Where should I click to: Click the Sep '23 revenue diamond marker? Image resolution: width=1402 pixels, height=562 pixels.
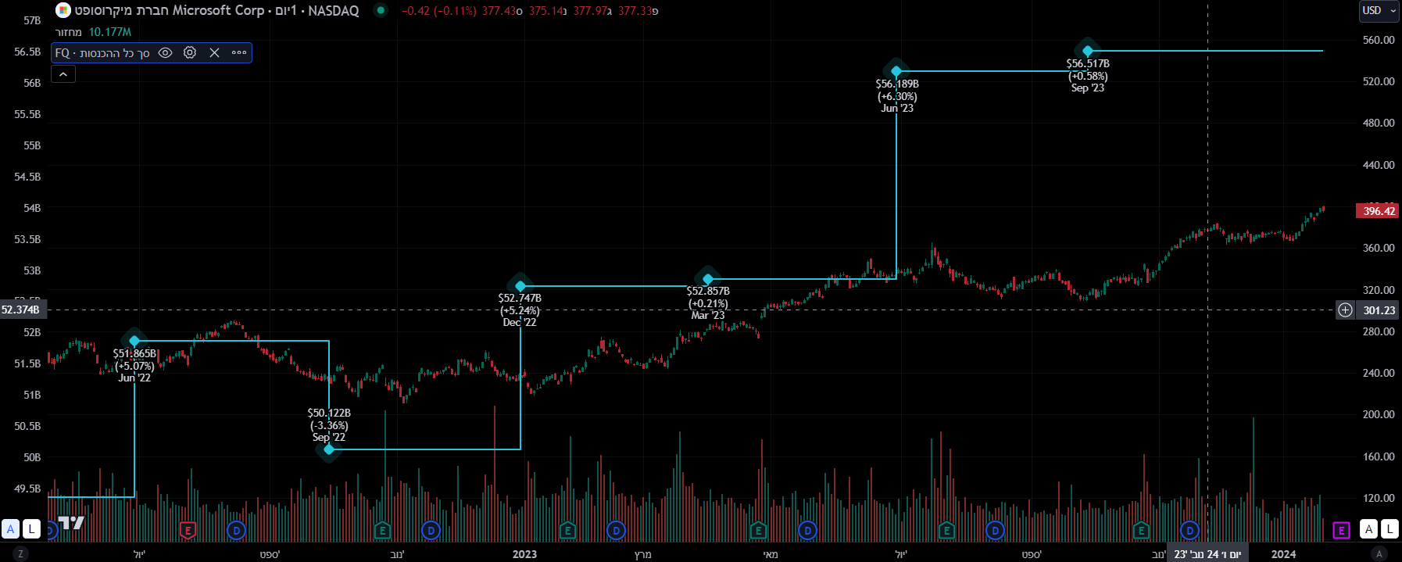pyautogui.click(x=1088, y=51)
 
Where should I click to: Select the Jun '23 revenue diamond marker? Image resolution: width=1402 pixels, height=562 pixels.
pyautogui.click(x=896, y=71)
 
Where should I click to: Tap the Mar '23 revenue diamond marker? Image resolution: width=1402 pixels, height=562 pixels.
pyautogui.click(x=708, y=279)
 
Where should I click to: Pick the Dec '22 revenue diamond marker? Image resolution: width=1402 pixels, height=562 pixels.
pyautogui.click(x=520, y=286)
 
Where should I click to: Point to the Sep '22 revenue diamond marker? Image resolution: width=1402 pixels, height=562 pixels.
pyautogui.click(x=329, y=449)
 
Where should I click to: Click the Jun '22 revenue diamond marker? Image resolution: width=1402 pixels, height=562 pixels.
pyautogui.click(x=134, y=341)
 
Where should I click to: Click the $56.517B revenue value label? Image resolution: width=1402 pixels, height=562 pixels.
pyautogui.click(x=1088, y=64)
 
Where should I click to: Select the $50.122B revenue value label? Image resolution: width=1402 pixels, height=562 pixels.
pyautogui.click(x=329, y=413)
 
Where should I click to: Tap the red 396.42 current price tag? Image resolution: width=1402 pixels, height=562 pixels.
pyautogui.click(x=1379, y=211)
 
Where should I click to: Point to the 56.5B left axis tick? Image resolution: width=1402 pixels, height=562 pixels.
pyautogui.click(x=27, y=52)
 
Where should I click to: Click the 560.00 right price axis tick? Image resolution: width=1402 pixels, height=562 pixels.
pyautogui.click(x=1378, y=40)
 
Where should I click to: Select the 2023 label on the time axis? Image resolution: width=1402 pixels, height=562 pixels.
pyautogui.click(x=524, y=554)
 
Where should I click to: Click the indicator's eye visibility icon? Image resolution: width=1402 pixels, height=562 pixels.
pyautogui.click(x=165, y=52)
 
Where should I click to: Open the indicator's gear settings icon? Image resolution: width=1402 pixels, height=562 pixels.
pyautogui.click(x=190, y=52)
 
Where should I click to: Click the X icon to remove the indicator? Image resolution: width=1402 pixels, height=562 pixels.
pyautogui.click(x=215, y=52)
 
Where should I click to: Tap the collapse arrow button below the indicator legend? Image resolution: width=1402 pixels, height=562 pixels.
pyautogui.click(x=63, y=74)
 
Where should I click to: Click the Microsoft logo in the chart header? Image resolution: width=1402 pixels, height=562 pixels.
pyautogui.click(x=63, y=10)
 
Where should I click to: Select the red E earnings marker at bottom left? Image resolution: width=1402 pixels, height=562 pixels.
pyautogui.click(x=188, y=531)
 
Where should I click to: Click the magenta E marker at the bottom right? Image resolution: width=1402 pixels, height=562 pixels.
pyautogui.click(x=1341, y=531)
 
